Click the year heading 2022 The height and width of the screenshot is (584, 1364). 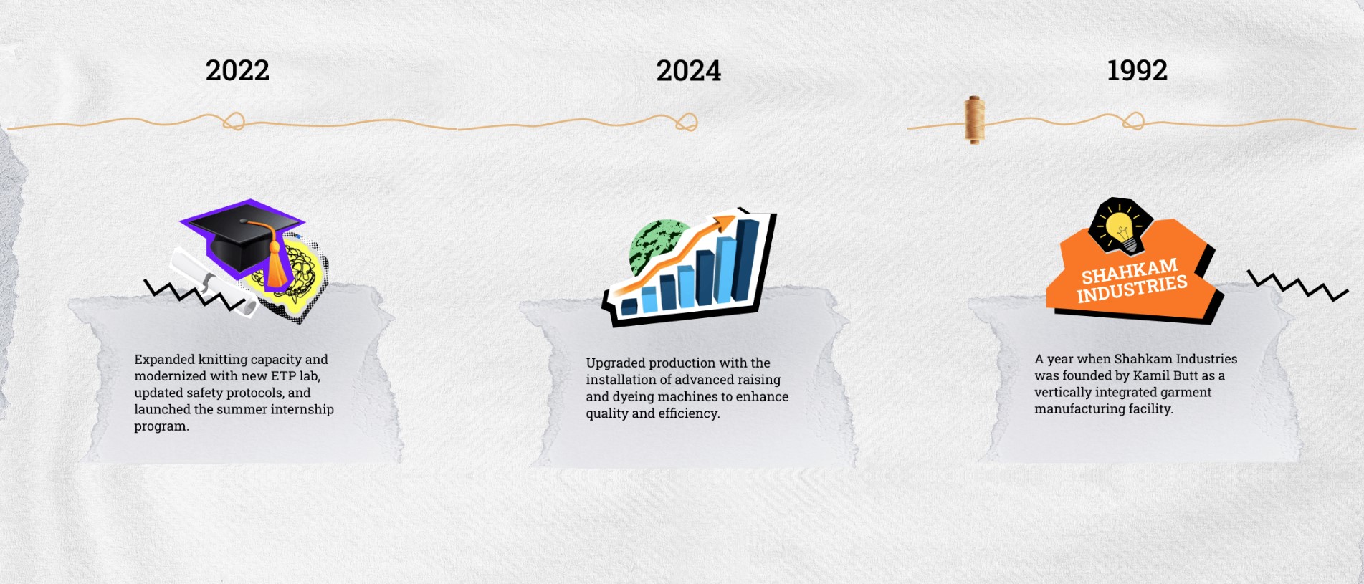pos(237,70)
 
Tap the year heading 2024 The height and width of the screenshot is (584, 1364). pos(688,70)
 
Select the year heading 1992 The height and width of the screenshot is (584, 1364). pos(1137,70)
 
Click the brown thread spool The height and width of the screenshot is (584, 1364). pos(974,120)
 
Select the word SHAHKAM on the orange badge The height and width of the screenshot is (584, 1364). pos(1130,271)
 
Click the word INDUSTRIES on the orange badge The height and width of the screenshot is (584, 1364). pos(1132,288)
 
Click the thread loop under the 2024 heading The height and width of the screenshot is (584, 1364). pos(686,122)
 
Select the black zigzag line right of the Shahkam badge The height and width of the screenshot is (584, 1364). pos(1298,285)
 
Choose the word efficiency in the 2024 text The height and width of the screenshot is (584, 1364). pos(689,413)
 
